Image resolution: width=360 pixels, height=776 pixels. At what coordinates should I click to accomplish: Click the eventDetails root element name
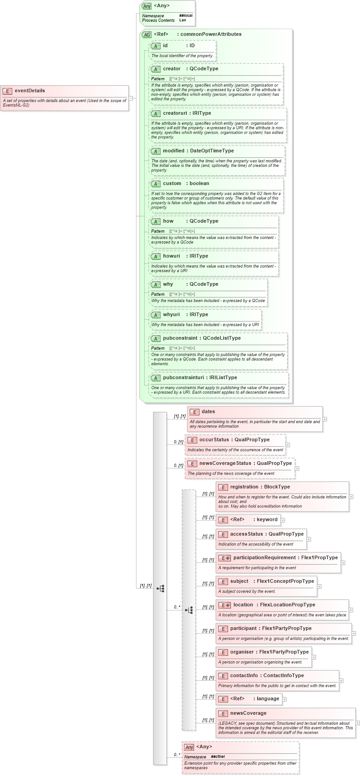29,91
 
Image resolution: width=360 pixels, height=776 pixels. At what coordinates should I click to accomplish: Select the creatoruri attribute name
175,113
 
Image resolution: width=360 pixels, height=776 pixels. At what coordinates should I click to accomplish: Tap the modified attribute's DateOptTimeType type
212,151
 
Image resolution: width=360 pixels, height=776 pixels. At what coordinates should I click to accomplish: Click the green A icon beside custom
156,184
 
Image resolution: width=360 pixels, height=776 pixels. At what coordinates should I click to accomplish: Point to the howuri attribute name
171,256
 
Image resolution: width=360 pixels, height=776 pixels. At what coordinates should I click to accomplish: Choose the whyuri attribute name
171,315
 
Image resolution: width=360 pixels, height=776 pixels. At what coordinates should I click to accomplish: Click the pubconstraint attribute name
180,338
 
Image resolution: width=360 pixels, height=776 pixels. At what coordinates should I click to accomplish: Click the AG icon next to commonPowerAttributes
146,34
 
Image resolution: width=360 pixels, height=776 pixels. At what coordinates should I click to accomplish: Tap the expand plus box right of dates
325,419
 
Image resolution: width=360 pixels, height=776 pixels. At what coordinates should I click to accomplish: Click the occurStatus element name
214,440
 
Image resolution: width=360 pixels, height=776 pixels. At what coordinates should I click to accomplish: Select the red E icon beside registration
223,487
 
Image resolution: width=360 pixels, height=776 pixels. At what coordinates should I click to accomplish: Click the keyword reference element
267,520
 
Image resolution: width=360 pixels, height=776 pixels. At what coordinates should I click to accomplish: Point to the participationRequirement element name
264,558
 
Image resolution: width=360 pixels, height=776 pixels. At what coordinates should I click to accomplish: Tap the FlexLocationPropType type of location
287,605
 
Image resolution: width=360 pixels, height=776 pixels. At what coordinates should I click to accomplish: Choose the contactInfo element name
244,676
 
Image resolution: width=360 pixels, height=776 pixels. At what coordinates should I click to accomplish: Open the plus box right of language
285,699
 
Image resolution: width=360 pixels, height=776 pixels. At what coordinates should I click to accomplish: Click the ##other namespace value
218,756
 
